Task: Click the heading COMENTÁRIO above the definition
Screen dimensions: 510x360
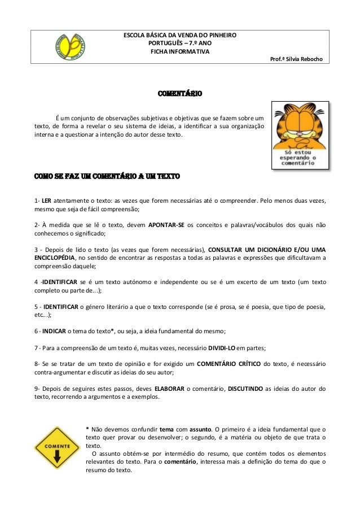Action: click(x=179, y=93)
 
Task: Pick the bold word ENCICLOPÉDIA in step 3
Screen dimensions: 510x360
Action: click(x=55, y=258)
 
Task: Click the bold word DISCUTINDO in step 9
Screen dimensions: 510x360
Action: click(x=247, y=388)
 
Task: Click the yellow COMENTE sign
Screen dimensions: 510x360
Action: click(x=56, y=447)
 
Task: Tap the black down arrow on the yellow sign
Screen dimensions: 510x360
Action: click(x=57, y=457)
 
